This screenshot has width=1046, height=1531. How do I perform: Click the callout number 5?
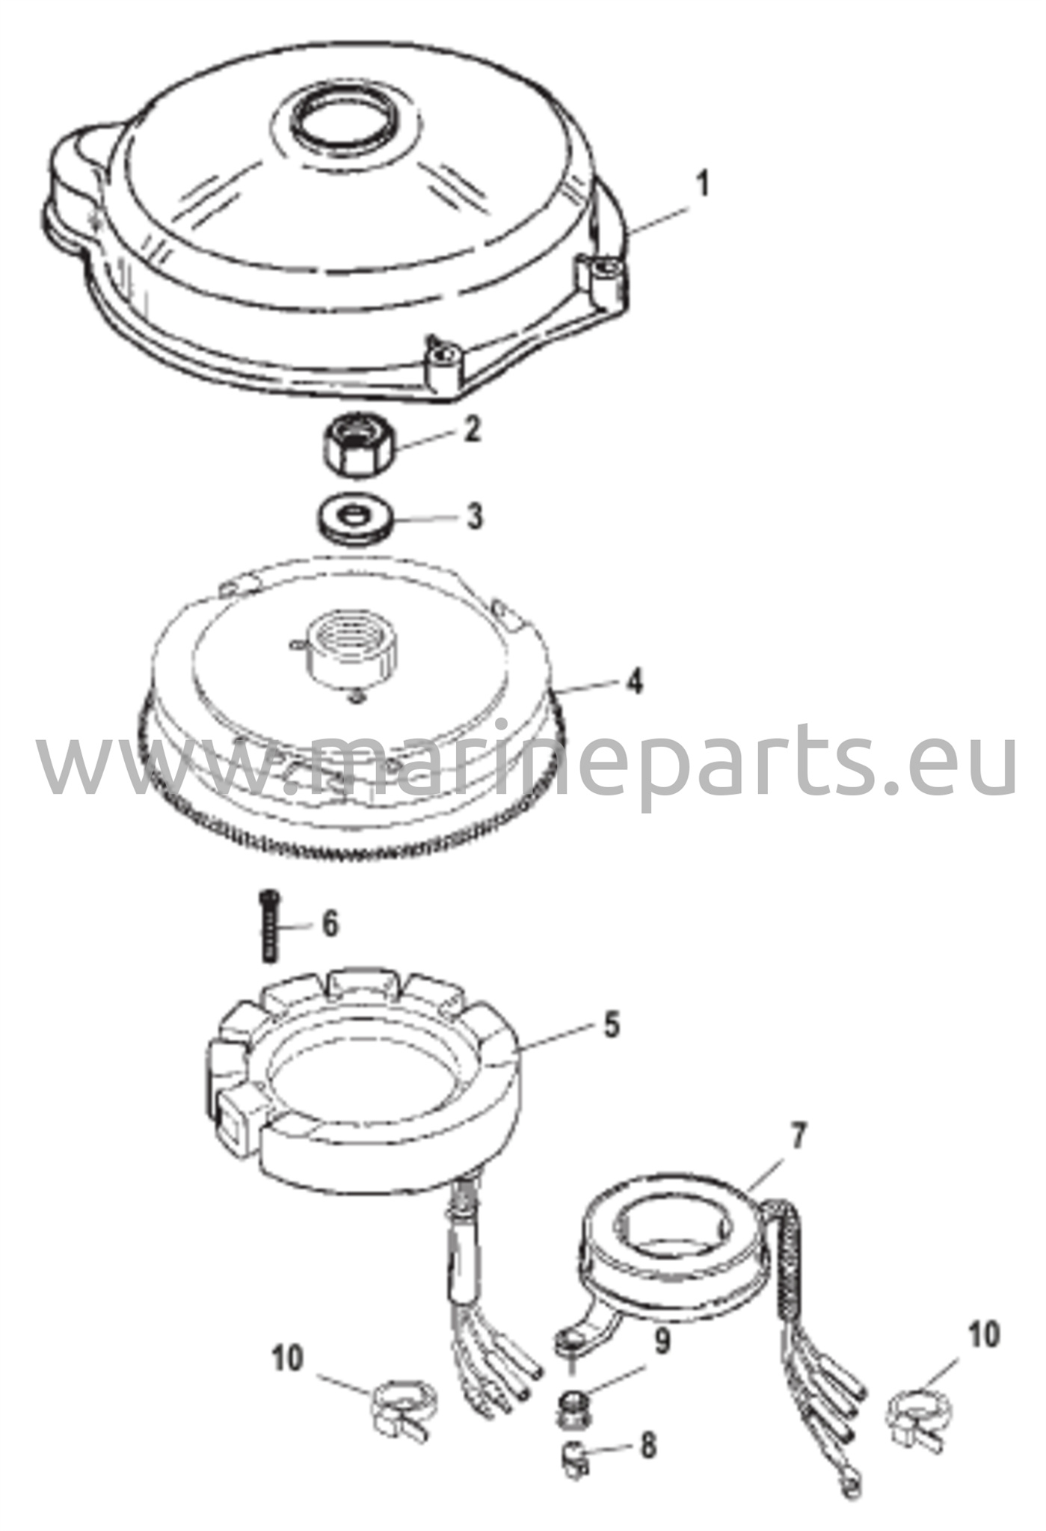(x=612, y=1025)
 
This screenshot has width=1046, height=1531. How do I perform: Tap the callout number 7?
(x=798, y=1138)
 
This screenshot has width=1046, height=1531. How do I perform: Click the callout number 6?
(x=329, y=924)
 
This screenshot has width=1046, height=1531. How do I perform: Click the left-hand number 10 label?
(x=288, y=1358)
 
